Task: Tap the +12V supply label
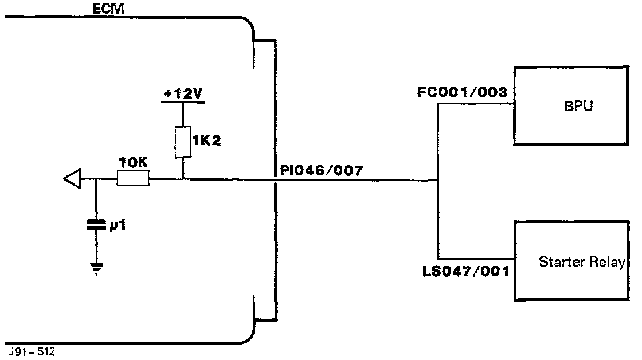point(183,93)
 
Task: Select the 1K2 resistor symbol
point(182,142)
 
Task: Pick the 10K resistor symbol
point(133,179)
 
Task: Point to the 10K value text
point(133,163)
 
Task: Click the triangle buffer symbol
point(72,179)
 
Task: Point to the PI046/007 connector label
point(321,170)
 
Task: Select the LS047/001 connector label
point(465,270)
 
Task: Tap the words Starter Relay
point(581,263)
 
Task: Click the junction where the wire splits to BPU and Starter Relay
point(437,180)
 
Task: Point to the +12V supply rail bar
point(183,103)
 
